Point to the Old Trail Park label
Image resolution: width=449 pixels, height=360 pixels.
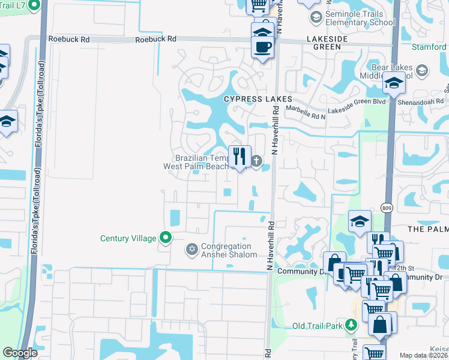pyautogui.click(x=318, y=326)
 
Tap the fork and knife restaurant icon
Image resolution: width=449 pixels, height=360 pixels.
pyautogui.click(x=240, y=157)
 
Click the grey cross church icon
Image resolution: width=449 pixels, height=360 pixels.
pyautogui.click(x=257, y=160)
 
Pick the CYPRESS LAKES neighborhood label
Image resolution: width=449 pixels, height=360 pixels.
pyautogui.click(x=258, y=99)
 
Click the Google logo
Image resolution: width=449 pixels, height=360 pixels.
pyautogui.click(x=19, y=353)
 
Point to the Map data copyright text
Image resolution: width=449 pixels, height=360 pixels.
pyautogui.click(x=424, y=355)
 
